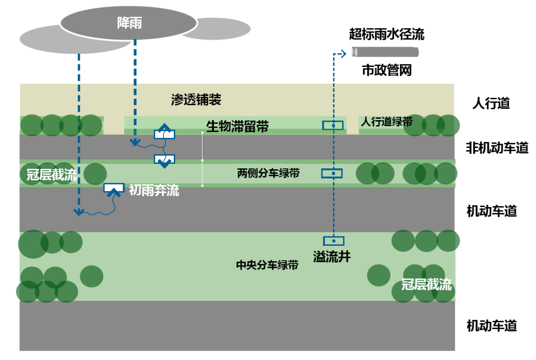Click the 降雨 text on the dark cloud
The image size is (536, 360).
pyautogui.click(x=129, y=23)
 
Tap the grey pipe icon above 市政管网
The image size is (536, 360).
pyautogui.click(x=385, y=52)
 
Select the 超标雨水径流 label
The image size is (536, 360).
pyautogui.click(x=387, y=34)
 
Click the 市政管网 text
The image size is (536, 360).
pyautogui.click(x=387, y=71)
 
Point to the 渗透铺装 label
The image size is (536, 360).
pyautogui.click(x=196, y=100)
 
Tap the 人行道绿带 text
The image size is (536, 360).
pyautogui.click(x=386, y=122)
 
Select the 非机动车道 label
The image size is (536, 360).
pyautogui.click(x=497, y=147)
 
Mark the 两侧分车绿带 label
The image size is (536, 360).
pyautogui.click(x=268, y=173)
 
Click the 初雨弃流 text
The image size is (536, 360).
pyautogui.click(x=154, y=190)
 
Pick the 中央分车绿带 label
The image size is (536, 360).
pyautogui.click(x=267, y=265)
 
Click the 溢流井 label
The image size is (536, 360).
pyautogui.click(x=332, y=256)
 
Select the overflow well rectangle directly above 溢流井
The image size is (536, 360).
pyautogui.click(x=334, y=241)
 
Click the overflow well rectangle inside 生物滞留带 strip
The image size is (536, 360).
pyautogui.click(x=333, y=126)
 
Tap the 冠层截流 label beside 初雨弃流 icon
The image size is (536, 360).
pyautogui.click(x=52, y=174)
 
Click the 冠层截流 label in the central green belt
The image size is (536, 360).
pyautogui.click(x=426, y=285)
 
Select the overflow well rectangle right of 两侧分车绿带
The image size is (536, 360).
pyautogui.click(x=333, y=173)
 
